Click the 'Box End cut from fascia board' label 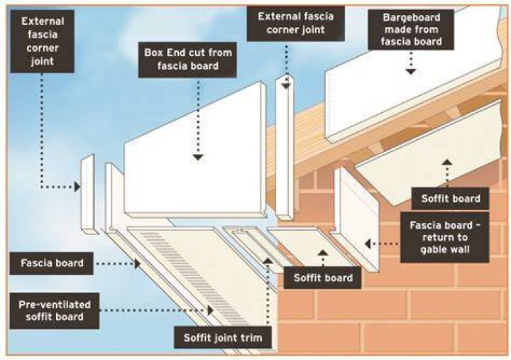187,60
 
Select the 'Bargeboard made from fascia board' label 411,30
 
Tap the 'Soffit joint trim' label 223,337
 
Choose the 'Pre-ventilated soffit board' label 55,311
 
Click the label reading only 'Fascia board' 52,263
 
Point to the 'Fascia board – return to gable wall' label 445,237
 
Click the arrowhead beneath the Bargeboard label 411,72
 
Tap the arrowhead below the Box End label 198,157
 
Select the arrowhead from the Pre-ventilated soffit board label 211,310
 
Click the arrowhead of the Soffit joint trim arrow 268,261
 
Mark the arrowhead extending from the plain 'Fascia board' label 138,263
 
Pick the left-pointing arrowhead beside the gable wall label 368,244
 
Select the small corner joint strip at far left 89,195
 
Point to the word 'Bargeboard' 411,18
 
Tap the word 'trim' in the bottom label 251,337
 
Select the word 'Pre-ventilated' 55,305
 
